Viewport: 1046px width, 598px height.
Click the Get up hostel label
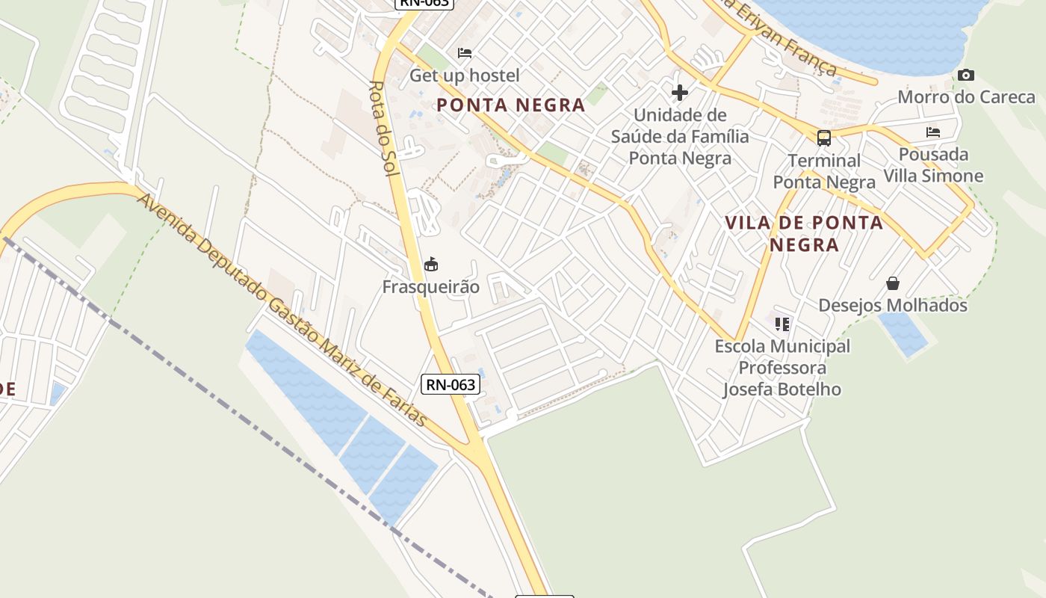click(x=464, y=75)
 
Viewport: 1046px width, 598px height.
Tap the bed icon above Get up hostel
click(x=465, y=53)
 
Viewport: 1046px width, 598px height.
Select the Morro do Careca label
click(x=966, y=97)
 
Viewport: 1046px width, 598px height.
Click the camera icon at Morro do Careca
click(x=966, y=75)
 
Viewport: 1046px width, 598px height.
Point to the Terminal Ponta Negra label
click(x=824, y=171)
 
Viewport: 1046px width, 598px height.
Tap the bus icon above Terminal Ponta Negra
click(x=824, y=138)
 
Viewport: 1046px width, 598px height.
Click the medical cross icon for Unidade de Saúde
click(x=680, y=93)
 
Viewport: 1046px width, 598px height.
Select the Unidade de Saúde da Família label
click(x=680, y=137)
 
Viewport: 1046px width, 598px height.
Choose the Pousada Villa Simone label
click(x=933, y=165)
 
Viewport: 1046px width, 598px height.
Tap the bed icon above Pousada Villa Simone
click(x=933, y=132)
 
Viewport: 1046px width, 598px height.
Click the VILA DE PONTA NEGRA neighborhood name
click(x=804, y=233)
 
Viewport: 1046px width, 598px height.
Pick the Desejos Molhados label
click(x=893, y=306)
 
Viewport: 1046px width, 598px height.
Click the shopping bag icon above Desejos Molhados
click(x=893, y=283)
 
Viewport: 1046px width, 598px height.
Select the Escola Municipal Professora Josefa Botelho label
click(x=782, y=368)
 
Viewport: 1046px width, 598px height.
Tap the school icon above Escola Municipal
click(x=782, y=324)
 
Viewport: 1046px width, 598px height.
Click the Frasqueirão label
click(x=431, y=287)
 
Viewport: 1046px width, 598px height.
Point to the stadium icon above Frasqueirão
click(x=431, y=264)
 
